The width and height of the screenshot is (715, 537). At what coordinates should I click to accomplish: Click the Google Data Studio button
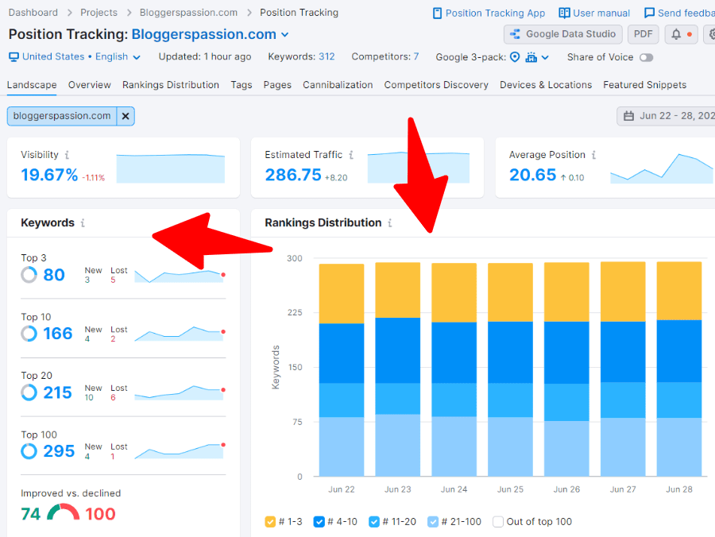tap(563, 34)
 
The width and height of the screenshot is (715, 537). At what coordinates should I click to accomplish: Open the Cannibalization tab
tap(338, 85)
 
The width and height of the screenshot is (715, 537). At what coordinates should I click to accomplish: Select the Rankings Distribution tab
tap(170, 85)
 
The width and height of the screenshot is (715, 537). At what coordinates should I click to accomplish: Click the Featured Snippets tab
tap(644, 85)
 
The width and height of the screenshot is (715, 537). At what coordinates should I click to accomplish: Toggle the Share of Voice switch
tap(646, 57)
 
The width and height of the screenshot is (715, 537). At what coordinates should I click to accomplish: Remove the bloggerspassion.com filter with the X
tap(126, 116)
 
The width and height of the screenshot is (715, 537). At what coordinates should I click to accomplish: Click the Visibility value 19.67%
tap(49, 175)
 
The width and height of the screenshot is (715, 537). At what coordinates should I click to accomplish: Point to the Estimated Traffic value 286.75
tap(293, 175)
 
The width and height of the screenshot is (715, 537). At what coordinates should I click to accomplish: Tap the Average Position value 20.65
tap(532, 175)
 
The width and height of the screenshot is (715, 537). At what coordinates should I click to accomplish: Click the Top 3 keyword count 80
tap(54, 275)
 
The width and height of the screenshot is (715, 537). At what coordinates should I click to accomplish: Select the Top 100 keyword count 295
tap(58, 451)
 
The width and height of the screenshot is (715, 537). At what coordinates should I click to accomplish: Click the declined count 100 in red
tap(100, 514)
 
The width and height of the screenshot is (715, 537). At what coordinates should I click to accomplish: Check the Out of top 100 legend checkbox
tap(498, 522)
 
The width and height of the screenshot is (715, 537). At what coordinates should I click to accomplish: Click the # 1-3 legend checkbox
tap(270, 522)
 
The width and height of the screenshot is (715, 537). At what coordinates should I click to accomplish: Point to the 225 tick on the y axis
tap(295, 313)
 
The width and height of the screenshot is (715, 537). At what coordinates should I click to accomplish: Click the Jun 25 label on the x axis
tap(510, 489)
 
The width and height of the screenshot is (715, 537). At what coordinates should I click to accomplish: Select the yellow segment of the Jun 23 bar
tap(397, 290)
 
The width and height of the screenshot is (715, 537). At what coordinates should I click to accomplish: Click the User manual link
tap(594, 13)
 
